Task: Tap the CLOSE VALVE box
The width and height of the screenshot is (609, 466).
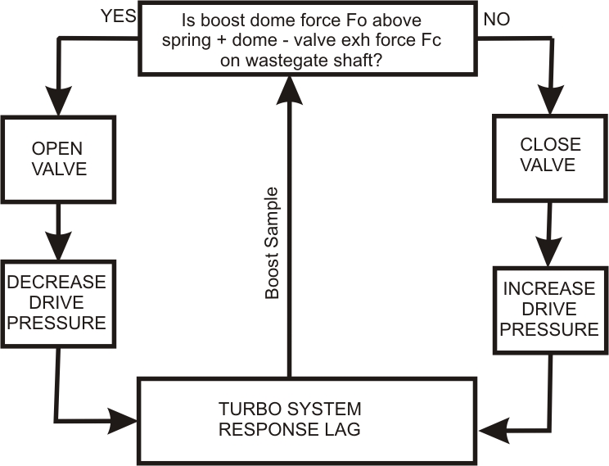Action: coord(550,155)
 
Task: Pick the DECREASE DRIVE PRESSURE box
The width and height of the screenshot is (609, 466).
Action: coord(56,302)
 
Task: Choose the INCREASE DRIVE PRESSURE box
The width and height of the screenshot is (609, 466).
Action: coord(549,310)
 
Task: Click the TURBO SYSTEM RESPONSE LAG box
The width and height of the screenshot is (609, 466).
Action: coord(306,419)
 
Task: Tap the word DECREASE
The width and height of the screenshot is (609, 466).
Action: coord(56,283)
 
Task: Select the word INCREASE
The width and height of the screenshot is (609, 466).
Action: coord(549,290)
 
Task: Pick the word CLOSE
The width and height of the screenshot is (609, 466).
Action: coord(550,144)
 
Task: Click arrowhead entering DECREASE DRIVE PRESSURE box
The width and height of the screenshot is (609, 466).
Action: coord(56,244)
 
